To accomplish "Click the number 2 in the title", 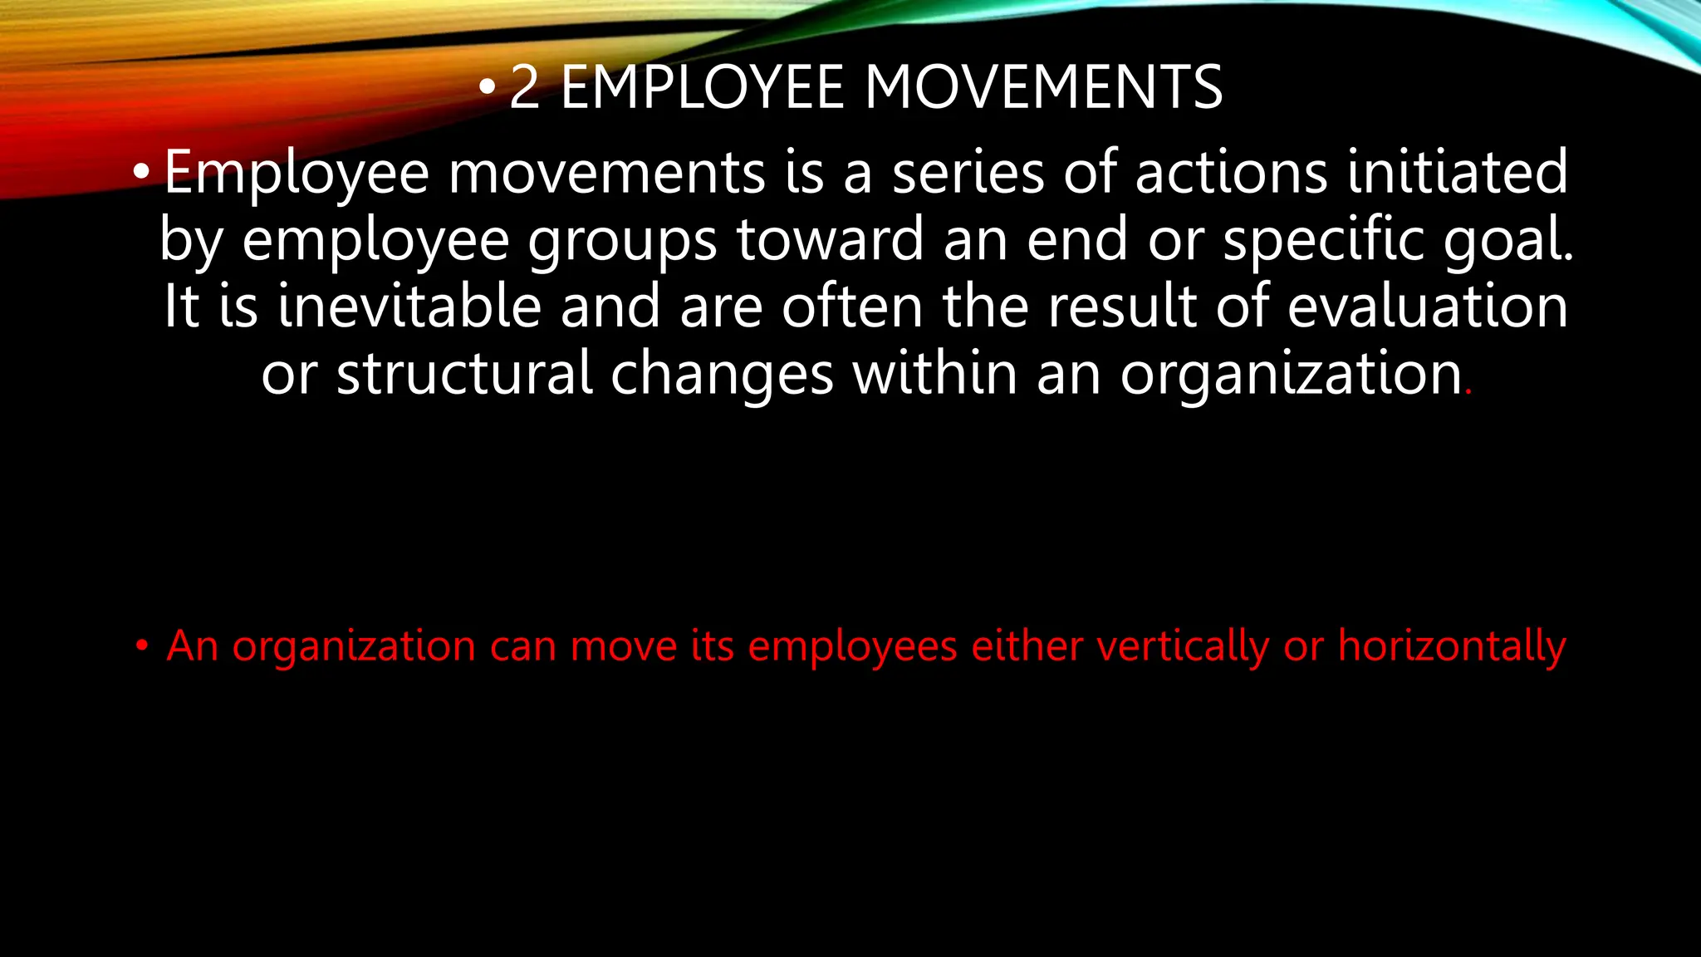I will click(x=524, y=87).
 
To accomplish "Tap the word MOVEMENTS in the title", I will click(x=1044, y=87).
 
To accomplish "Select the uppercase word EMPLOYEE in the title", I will click(x=703, y=87).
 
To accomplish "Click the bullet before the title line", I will click(x=488, y=88).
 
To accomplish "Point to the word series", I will click(x=968, y=172).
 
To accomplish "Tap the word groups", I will click(x=623, y=241).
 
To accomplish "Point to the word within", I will click(x=934, y=373).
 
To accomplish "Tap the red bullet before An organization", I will click(x=142, y=645).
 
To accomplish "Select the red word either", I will click(x=1026, y=645).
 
